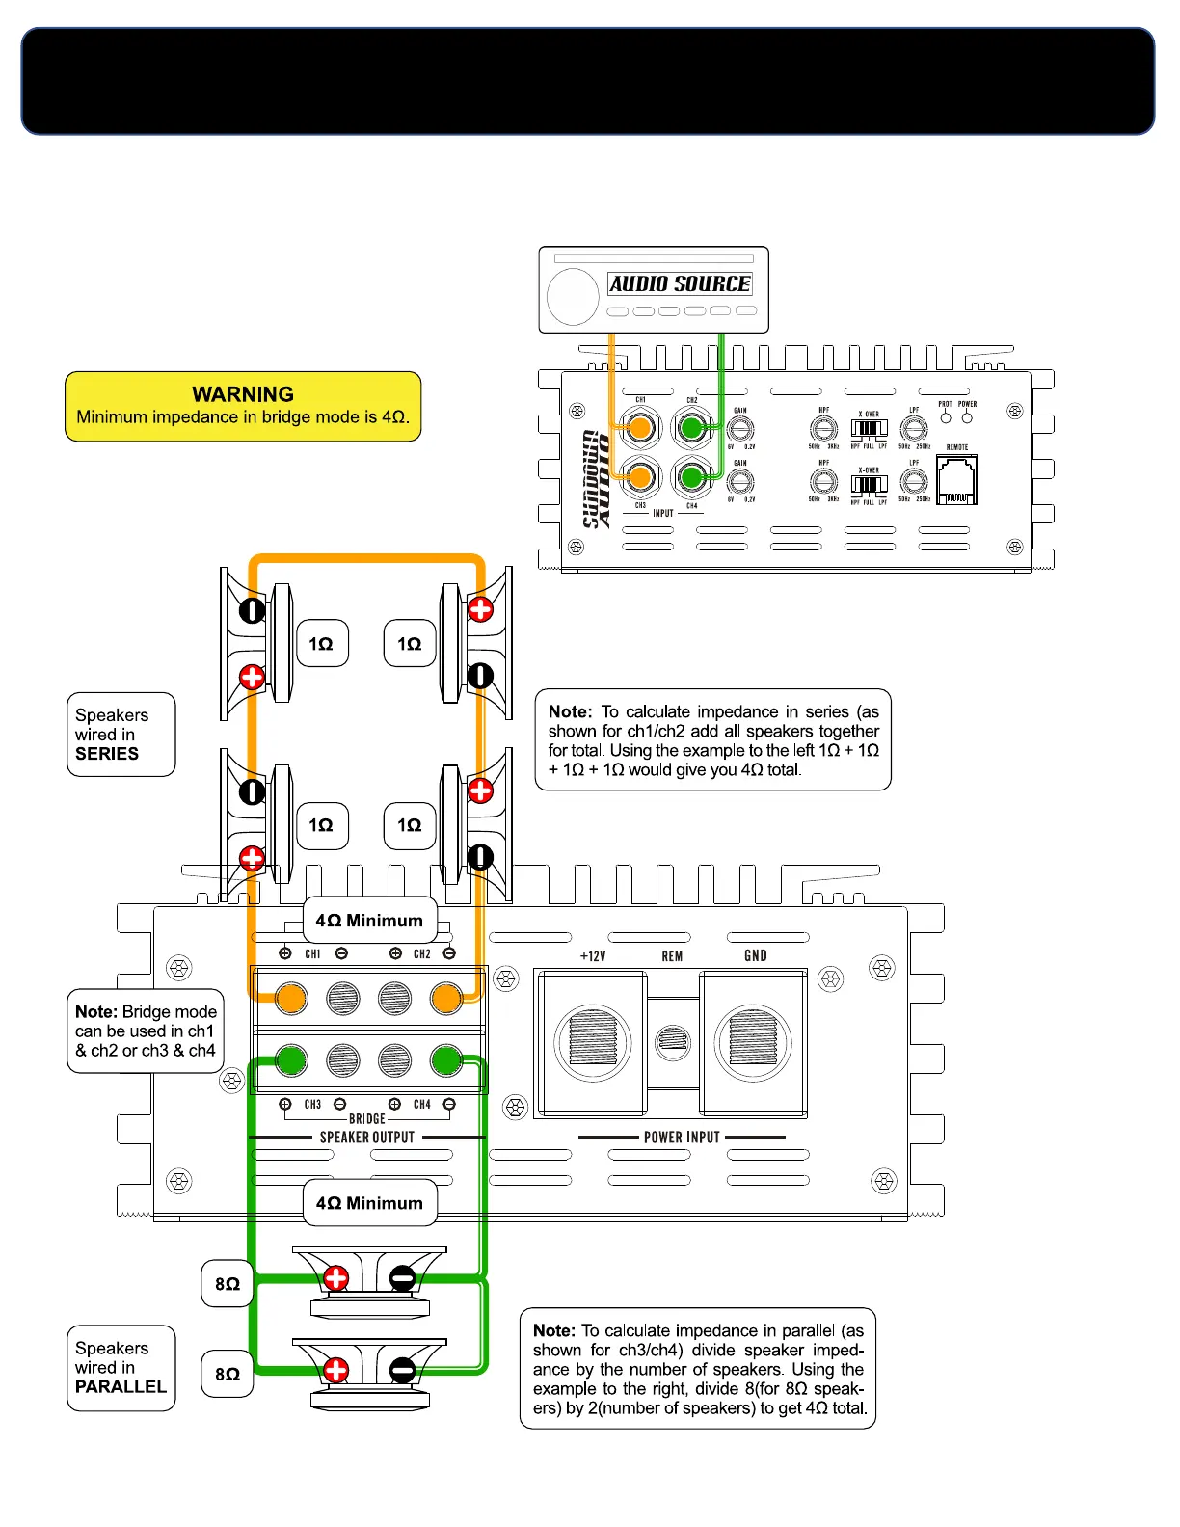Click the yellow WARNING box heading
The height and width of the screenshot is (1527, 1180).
click(243, 394)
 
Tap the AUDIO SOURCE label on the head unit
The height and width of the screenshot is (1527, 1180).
click(680, 283)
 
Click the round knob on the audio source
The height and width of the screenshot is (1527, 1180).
click(573, 296)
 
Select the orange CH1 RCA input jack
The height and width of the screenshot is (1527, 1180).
click(639, 427)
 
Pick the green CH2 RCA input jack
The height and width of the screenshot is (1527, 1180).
click(691, 427)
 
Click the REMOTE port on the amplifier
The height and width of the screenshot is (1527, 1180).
click(956, 480)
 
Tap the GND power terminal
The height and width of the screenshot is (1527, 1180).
click(754, 1042)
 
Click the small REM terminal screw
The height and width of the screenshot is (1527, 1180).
click(673, 1041)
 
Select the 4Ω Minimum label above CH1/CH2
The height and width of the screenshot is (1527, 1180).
click(369, 921)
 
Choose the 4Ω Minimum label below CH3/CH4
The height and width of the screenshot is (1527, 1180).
click(369, 1203)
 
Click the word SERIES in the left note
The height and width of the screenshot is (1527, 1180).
click(107, 754)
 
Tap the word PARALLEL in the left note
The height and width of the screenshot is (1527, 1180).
click(121, 1386)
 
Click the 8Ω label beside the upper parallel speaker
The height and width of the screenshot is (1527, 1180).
click(228, 1284)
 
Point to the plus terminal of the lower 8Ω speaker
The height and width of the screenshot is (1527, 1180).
click(335, 1369)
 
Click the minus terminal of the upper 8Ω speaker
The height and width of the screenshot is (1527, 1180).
click(402, 1279)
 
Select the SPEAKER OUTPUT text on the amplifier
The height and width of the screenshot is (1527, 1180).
click(367, 1138)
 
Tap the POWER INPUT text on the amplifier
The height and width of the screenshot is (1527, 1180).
click(682, 1138)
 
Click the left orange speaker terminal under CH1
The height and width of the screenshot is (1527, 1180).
click(290, 999)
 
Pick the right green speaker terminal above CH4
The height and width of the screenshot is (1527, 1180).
click(445, 1061)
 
